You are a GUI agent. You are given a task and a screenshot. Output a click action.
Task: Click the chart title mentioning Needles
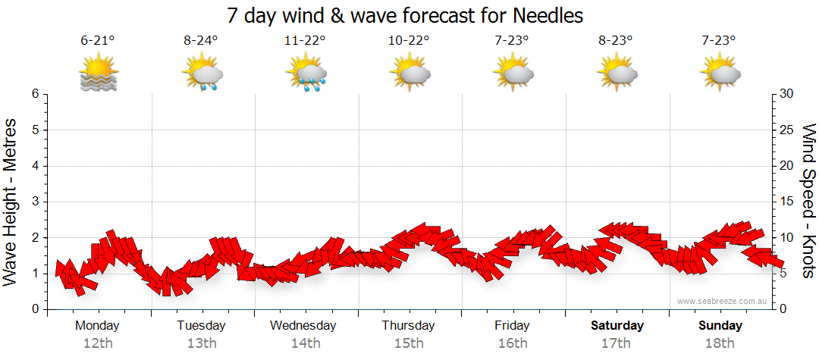(405, 15)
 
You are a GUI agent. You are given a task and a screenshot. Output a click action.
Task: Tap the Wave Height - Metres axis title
(11, 201)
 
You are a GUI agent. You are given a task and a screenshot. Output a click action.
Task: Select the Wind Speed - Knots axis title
(808, 201)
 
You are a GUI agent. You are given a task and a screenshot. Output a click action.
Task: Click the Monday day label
(97, 326)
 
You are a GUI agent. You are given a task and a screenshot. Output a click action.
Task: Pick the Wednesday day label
(303, 326)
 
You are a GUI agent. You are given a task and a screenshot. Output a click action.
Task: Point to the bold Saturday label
(617, 326)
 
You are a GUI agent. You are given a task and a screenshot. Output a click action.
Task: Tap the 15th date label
(409, 343)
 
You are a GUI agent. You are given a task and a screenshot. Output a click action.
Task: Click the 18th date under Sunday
(720, 343)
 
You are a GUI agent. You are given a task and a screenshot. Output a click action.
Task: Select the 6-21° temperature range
(97, 41)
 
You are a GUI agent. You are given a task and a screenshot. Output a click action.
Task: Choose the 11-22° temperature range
(305, 41)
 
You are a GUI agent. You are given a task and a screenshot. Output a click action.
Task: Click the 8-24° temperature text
(201, 41)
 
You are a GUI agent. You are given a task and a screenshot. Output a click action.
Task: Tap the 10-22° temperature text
(409, 41)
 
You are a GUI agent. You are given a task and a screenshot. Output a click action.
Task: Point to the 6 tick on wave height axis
(35, 94)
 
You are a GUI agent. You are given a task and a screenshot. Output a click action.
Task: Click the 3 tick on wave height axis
(35, 202)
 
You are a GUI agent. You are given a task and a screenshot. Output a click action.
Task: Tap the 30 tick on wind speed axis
(787, 94)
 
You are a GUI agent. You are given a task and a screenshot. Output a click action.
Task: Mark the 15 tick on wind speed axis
(787, 202)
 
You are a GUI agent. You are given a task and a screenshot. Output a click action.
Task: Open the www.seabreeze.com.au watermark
(723, 301)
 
